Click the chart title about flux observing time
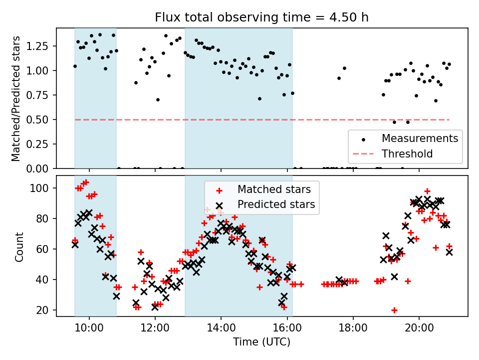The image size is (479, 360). [x=261, y=18]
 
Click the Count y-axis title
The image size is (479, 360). [x=19, y=246]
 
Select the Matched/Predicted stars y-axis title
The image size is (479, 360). [x=16, y=98]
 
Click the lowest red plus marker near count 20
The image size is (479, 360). [x=394, y=310]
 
